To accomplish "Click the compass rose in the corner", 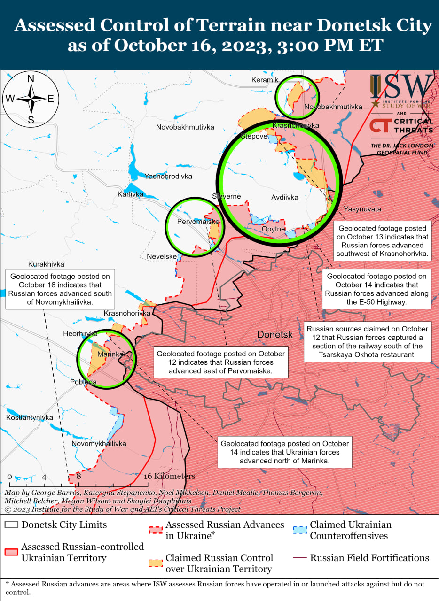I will click(x=31, y=99).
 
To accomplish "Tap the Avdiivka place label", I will click(x=284, y=198).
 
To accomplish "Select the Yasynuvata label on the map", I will click(x=362, y=209).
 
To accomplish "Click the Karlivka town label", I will click(x=130, y=194).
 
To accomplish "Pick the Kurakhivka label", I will click(x=46, y=264).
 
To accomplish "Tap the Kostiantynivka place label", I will click(x=30, y=417).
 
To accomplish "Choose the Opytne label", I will click(x=274, y=229).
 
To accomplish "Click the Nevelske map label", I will click(x=162, y=256).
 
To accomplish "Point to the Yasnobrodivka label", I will click(x=168, y=177).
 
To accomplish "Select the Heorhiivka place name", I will click(x=80, y=334).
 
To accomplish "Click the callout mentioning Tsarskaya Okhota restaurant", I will click(x=367, y=342).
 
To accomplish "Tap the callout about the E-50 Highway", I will click(x=376, y=289).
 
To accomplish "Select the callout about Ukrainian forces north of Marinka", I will click(x=284, y=452).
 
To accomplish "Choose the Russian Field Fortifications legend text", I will click(x=369, y=558).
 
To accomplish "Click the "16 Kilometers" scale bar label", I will click(x=169, y=476).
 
